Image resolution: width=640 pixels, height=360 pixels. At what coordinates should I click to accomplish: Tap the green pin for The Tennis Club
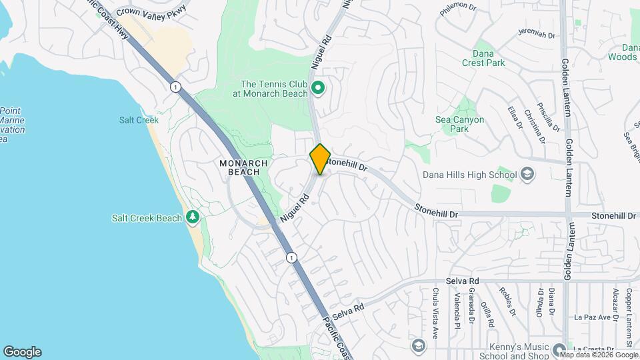(x=318, y=88)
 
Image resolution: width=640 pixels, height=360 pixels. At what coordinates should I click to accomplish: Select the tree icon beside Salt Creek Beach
(x=193, y=217)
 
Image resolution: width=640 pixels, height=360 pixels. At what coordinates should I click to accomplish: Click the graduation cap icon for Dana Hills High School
(x=527, y=175)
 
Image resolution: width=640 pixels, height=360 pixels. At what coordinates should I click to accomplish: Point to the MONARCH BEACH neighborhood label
(x=244, y=167)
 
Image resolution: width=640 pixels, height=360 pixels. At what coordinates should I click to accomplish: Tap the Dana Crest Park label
(x=483, y=58)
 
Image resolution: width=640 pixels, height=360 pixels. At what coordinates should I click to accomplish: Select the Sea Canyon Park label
(x=459, y=124)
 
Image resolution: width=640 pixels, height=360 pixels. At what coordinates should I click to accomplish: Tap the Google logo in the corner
(x=22, y=351)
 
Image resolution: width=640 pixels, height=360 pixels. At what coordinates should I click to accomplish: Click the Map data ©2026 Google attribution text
(x=599, y=354)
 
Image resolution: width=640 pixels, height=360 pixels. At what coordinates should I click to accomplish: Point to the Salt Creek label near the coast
(x=139, y=120)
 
